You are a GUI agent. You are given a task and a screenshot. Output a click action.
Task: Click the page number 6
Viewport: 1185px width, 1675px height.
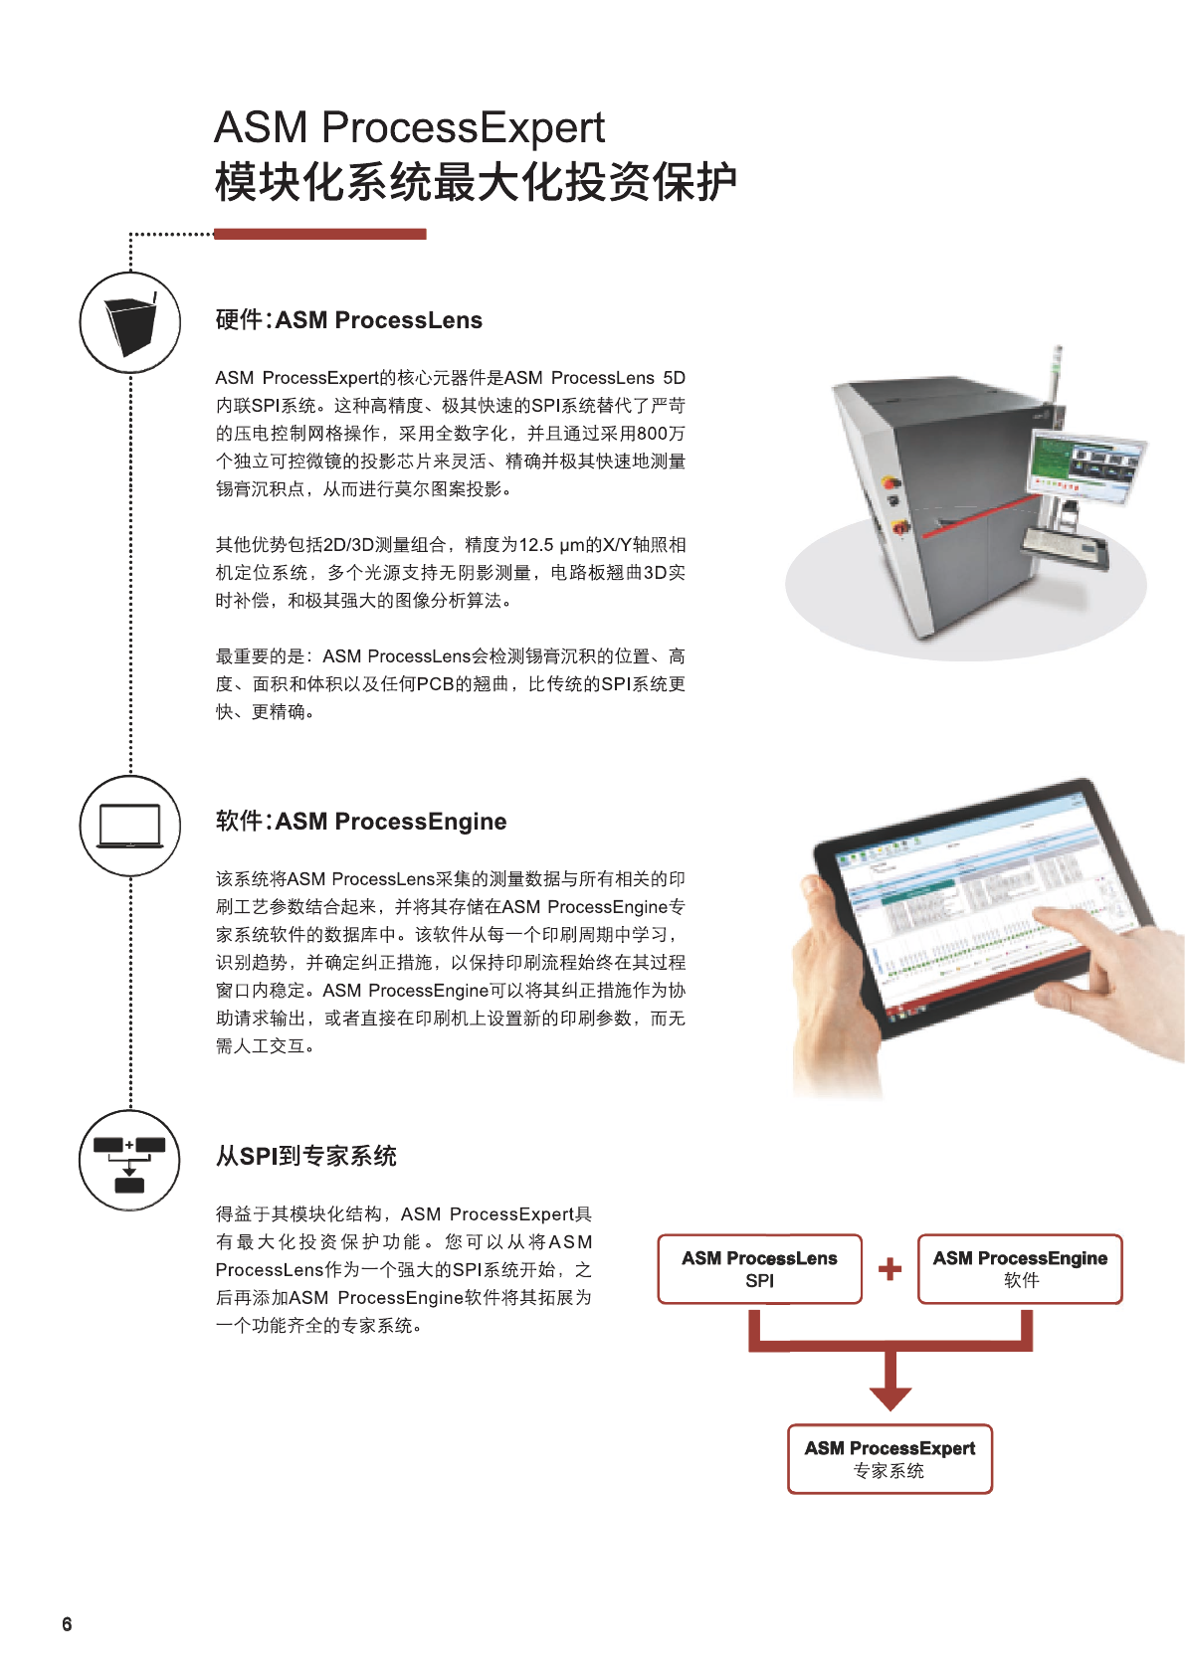[x=67, y=1624]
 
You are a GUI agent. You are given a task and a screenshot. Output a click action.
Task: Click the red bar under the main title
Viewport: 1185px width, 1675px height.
[x=319, y=234]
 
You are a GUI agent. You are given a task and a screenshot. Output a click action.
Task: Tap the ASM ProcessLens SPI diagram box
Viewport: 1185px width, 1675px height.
[x=759, y=1269]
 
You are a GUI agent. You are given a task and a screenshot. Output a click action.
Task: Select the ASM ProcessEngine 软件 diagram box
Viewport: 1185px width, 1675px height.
[x=1020, y=1269]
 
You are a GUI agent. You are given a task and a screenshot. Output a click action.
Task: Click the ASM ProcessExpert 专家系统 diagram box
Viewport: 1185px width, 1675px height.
[x=889, y=1459]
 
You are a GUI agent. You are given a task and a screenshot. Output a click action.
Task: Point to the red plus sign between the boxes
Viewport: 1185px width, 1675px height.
[x=889, y=1269]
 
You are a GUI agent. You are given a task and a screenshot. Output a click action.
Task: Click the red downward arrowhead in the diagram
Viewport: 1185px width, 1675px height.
[x=889, y=1396]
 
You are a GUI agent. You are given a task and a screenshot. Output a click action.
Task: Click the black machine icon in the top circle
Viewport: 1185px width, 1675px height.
[x=130, y=323]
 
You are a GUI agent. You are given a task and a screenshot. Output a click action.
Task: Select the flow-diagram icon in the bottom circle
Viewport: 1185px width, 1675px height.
[x=129, y=1161]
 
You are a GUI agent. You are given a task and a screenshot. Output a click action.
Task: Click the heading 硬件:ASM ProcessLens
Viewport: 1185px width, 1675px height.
[x=348, y=320]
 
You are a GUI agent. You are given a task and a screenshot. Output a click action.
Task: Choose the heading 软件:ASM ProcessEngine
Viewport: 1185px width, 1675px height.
[x=360, y=822]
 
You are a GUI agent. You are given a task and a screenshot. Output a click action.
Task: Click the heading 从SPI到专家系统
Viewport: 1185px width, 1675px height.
[x=305, y=1156]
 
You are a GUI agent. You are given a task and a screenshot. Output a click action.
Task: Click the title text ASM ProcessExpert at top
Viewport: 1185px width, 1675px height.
[x=409, y=127]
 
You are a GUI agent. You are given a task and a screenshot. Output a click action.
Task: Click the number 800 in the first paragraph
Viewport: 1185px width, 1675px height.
[x=653, y=434]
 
